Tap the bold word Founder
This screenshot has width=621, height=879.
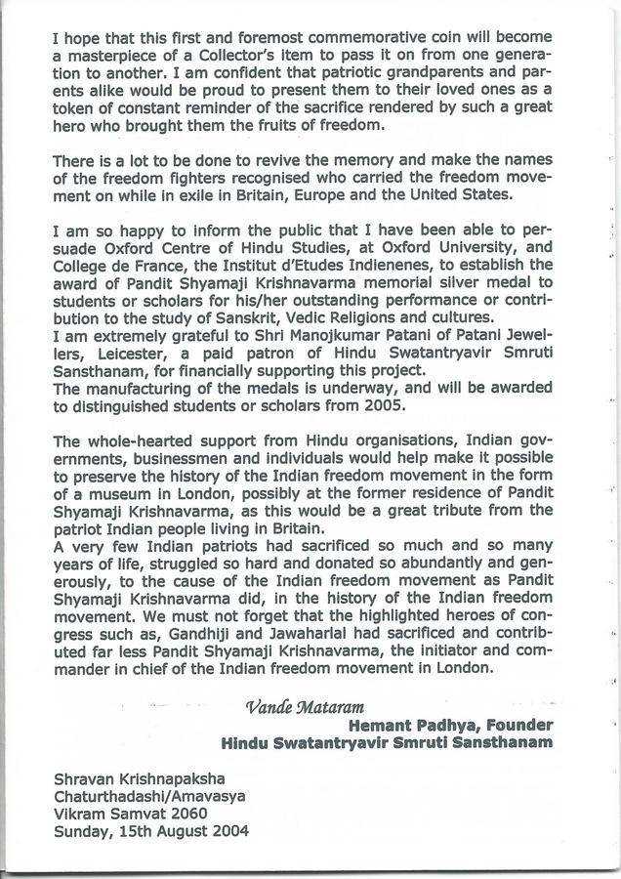[521, 725]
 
